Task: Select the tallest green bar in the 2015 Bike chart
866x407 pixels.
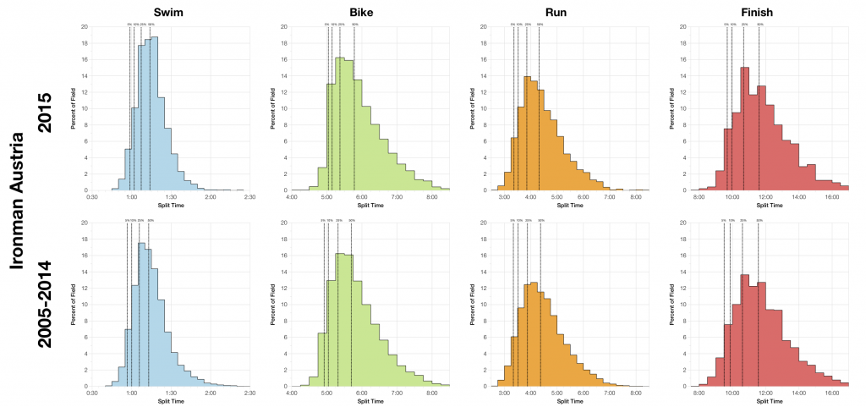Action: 340,124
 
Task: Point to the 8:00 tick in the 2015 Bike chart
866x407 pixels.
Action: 431,197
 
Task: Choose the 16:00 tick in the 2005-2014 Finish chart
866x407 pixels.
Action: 831,393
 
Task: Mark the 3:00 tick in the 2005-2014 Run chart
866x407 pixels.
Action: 505,393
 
